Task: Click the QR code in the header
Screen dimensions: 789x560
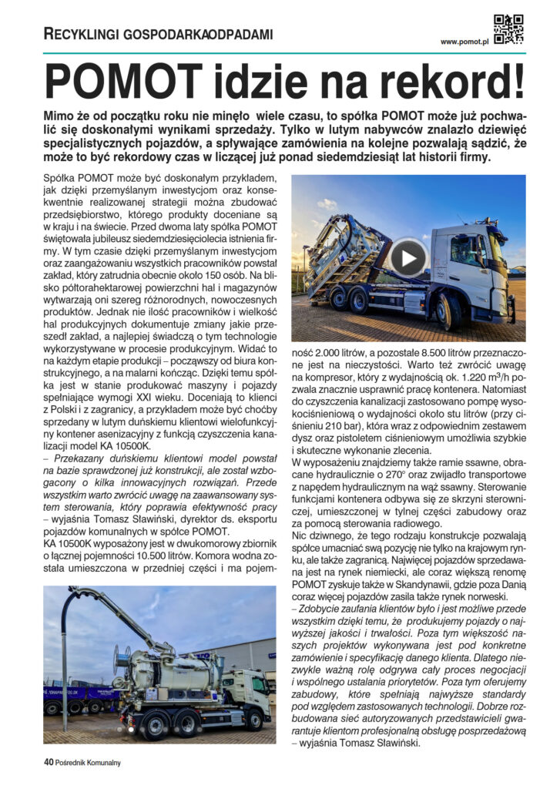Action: [508, 29]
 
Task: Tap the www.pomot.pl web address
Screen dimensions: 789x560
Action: [464, 42]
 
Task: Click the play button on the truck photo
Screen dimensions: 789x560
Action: [407, 257]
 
